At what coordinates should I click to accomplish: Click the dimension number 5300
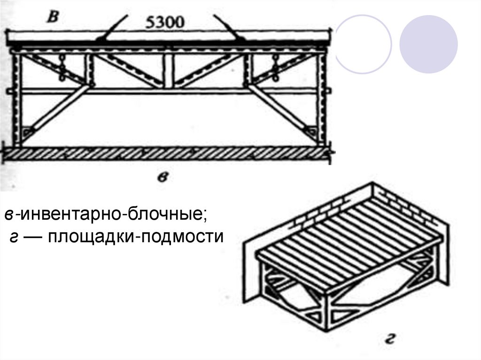[x=165, y=23]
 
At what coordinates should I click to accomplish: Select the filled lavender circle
[x=428, y=44]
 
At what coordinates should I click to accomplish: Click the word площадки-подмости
[x=135, y=237]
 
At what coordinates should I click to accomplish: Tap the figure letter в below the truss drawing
[x=162, y=177]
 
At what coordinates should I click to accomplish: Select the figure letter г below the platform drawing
[x=389, y=339]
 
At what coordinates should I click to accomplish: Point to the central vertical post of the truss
[x=168, y=71]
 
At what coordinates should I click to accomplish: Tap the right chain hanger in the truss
[x=276, y=68]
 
